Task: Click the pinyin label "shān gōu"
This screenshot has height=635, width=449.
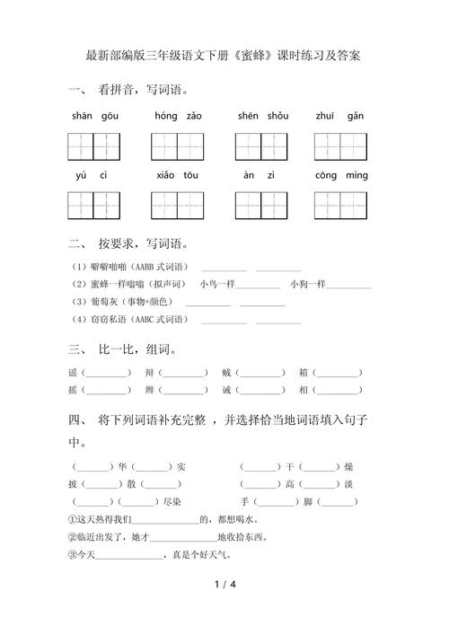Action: (92, 116)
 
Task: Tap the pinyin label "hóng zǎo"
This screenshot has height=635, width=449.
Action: (178, 116)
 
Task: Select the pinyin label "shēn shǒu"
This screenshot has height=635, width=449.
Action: (263, 116)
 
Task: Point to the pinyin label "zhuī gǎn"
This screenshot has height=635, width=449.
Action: (340, 116)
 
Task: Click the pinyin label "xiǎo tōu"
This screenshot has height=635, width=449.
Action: (177, 176)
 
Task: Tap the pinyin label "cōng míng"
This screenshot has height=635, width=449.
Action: (341, 176)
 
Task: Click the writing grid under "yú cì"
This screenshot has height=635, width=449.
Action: (92, 206)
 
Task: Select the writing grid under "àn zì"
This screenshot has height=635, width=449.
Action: (260, 206)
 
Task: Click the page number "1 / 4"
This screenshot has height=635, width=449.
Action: (224, 586)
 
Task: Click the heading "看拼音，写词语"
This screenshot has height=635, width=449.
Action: (143, 90)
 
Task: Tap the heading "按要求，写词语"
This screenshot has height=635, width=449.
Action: (143, 243)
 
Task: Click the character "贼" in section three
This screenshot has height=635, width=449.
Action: (226, 372)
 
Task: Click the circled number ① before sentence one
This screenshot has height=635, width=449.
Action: (73, 519)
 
